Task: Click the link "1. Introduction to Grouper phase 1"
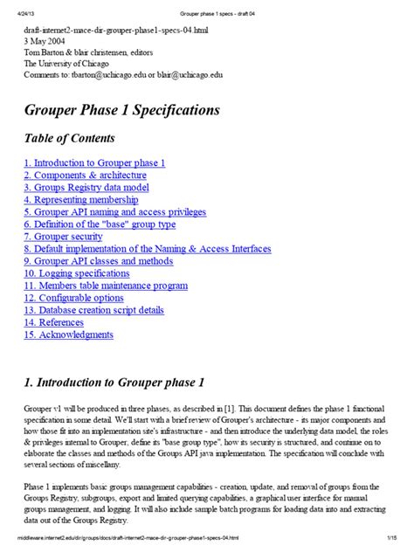click(x=94, y=162)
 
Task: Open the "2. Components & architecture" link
click(x=84, y=175)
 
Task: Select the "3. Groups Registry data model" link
click(x=86, y=187)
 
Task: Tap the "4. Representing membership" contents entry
click(x=81, y=199)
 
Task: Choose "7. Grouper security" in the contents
click(x=63, y=236)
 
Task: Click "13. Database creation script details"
click(x=93, y=310)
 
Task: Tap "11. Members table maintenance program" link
click(x=106, y=286)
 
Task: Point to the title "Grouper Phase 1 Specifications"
click(x=121, y=111)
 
